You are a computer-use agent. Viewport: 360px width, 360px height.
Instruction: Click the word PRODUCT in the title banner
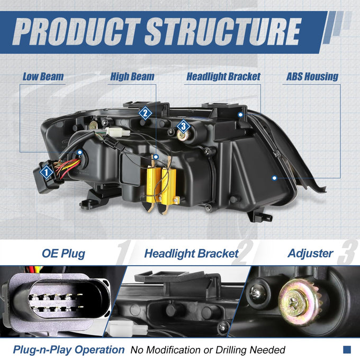[76, 31]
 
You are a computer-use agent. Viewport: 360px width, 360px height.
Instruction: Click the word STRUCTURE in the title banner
[223, 31]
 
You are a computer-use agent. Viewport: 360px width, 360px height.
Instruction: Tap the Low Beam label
[43, 77]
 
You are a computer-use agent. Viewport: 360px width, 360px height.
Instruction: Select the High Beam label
[132, 77]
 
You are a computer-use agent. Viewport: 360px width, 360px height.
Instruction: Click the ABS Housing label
[312, 77]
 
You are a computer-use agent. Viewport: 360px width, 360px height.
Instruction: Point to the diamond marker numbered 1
[47, 172]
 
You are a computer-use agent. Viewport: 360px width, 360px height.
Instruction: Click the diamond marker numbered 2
[145, 113]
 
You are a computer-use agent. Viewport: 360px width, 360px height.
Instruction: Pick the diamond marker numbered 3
[184, 126]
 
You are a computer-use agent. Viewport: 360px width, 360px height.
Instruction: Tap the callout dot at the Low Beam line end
[79, 152]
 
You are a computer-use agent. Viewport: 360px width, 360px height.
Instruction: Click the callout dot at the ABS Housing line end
[274, 178]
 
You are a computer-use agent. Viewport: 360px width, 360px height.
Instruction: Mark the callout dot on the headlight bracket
[240, 114]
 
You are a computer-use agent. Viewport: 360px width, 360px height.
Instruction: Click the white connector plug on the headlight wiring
[118, 131]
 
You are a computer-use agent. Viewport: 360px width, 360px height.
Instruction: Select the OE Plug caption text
[64, 254]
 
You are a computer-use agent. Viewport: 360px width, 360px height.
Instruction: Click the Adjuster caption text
[310, 254]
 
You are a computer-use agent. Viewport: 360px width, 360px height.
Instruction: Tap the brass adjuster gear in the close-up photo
[298, 302]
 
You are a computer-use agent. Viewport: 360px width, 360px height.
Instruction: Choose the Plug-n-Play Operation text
[69, 349]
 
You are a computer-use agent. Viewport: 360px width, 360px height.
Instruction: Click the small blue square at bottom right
[347, 349]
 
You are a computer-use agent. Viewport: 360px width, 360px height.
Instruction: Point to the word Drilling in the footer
[231, 350]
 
